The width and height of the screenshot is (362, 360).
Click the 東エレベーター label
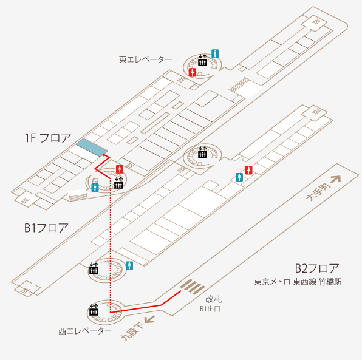pos(145,59)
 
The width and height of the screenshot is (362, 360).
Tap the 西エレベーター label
pos(85,331)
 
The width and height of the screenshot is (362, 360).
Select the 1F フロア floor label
pos(48,138)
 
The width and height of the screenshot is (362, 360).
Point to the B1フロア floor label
pos(46,228)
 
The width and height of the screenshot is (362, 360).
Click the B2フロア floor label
pos(317,268)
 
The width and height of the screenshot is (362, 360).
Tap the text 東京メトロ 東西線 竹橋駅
pos(298,282)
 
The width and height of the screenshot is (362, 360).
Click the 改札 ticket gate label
pos(214,299)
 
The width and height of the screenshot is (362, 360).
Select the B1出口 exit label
pos(210,309)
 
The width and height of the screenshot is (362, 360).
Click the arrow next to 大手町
pos(336,180)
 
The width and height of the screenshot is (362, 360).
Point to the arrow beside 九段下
pos(149,319)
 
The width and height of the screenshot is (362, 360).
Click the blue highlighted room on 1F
pos(92,148)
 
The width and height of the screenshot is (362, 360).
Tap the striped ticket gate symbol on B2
pos(193,287)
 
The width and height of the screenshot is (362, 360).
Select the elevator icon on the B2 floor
pos(94,310)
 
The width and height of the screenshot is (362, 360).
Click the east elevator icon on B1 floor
pos(202,152)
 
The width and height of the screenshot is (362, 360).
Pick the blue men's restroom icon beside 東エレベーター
pos(215,54)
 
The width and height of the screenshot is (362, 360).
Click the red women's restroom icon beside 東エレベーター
pos(193,72)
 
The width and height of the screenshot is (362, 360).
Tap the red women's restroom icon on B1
pos(248,170)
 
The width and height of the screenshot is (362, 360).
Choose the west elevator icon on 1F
pos(118,183)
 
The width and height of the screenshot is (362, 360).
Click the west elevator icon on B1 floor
pos(94,268)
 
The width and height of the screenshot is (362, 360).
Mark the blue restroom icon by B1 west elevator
pos(129,266)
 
